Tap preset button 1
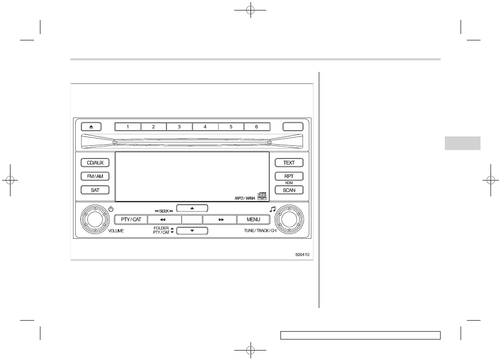[x=127, y=126]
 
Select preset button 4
[x=205, y=126]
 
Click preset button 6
[x=256, y=126]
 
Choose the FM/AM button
[x=95, y=177]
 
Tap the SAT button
[x=95, y=190]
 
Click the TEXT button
[x=289, y=163]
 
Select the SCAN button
[x=289, y=190]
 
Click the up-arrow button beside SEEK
[x=192, y=208]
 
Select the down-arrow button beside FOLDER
[x=192, y=230]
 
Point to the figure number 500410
[x=302, y=255]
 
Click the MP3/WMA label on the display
[x=244, y=198]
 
